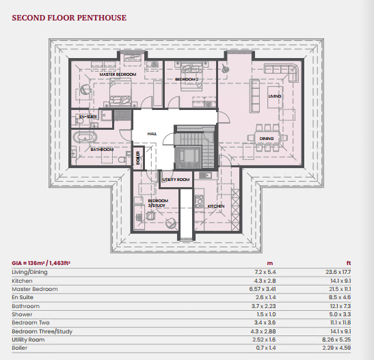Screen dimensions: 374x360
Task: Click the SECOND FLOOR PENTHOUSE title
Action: (69, 18)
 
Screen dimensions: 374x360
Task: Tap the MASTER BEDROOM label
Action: (118, 74)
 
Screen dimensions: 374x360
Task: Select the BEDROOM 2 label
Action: (187, 79)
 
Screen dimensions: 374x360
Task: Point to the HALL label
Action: (152, 134)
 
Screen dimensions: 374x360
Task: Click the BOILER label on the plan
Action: (138, 158)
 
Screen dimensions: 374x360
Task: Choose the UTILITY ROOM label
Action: (176, 180)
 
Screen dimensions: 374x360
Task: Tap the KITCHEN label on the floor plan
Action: (216, 206)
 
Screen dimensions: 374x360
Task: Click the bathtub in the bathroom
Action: (85, 137)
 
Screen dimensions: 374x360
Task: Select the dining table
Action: (267, 138)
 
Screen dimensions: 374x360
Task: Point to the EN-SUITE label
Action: (88, 117)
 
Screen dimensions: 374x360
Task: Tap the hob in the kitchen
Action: (199, 202)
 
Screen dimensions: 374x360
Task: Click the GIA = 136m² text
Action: (29, 263)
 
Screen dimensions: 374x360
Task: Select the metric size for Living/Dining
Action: (265, 272)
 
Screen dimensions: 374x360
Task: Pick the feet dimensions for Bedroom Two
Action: (340, 322)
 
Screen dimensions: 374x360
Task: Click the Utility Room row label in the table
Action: (28, 340)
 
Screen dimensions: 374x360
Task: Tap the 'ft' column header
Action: (349, 263)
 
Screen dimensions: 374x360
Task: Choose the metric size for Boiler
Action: (266, 348)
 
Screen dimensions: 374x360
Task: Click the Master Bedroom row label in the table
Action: (35, 289)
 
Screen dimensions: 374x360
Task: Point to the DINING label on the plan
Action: (267, 139)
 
